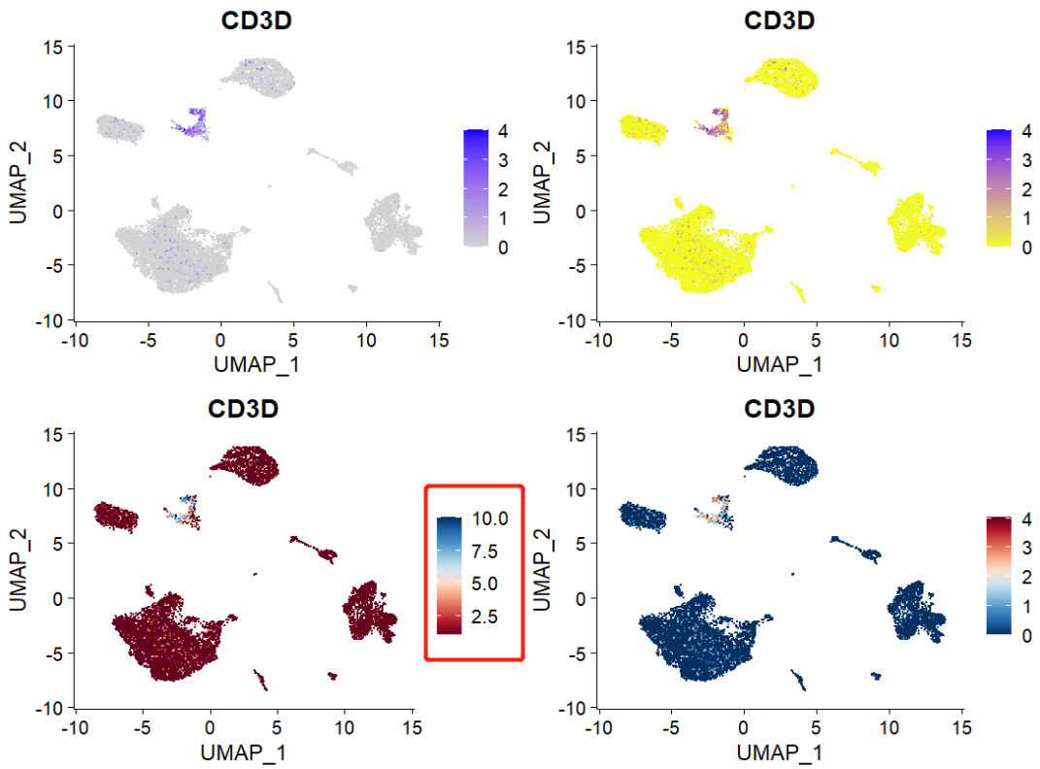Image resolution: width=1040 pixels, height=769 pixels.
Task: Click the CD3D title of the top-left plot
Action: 256,20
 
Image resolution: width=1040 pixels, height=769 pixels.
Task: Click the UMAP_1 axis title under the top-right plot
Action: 779,365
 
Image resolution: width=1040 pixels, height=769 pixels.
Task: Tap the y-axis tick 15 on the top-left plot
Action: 54,46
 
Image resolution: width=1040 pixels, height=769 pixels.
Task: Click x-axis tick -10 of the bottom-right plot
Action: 598,725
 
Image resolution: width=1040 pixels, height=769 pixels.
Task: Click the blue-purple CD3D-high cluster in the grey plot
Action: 196,122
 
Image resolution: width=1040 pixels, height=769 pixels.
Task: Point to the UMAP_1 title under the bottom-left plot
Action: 243,752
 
